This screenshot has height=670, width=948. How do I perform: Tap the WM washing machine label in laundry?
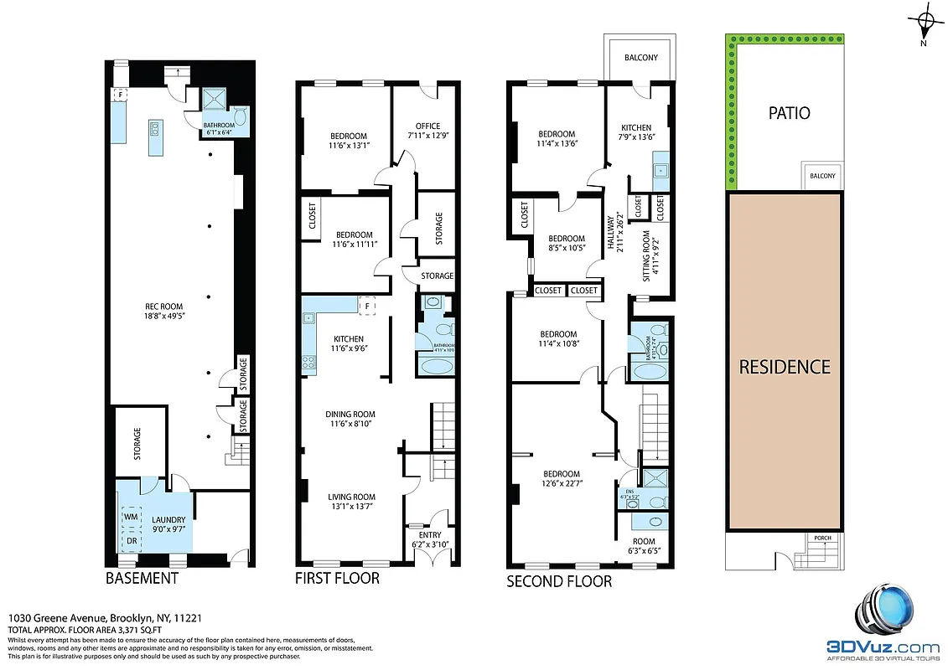click(132, 518)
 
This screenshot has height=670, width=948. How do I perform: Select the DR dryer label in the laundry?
click(132, 540)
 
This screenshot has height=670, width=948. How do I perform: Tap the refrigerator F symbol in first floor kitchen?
click(365, 307)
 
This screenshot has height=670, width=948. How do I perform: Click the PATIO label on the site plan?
click(789, 113)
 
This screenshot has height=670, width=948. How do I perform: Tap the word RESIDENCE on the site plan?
click(784, 367)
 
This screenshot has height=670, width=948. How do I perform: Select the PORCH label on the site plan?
click(821, 539)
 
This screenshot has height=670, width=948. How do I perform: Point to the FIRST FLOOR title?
click(337, 579)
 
